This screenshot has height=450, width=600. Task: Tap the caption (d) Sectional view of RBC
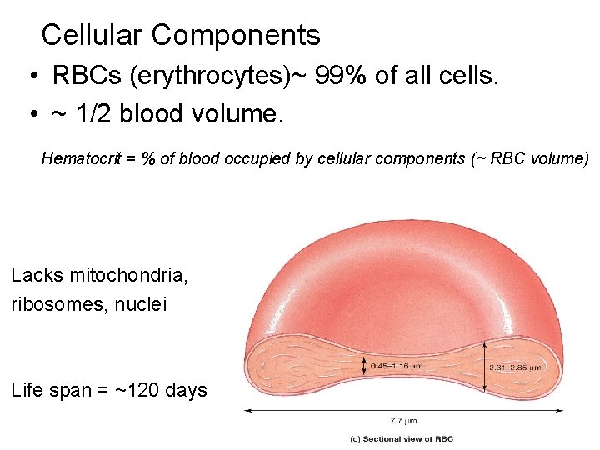402,439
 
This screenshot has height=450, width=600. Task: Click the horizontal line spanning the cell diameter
402,410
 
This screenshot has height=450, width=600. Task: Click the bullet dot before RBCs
29,77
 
